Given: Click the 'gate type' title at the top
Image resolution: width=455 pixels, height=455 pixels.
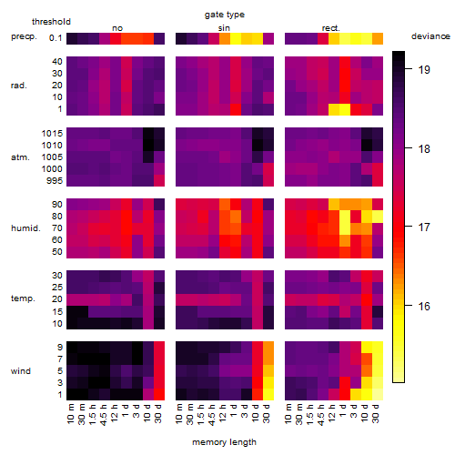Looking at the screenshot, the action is (x=225, y=15).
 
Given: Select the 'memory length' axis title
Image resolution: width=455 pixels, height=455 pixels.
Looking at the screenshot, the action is (x=224, y=442).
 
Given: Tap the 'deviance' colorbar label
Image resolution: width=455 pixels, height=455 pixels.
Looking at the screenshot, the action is (x=430, y=36).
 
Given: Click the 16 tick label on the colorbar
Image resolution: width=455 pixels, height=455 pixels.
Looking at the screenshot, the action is (x=424, y=306).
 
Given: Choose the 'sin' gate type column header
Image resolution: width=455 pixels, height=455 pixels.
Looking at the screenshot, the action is (x=224, y=28).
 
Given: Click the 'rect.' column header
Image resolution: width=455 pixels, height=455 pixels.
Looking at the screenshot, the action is (x=331, y=28).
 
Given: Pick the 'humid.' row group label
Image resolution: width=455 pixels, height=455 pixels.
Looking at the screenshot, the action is (x=25, y=228).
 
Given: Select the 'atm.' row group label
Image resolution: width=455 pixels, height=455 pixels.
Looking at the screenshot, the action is (x=20, y=157).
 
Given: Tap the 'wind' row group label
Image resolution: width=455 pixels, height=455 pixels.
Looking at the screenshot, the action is (x=21, y=371).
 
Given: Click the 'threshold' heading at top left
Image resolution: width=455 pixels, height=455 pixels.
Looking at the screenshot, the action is (x=51, y=22).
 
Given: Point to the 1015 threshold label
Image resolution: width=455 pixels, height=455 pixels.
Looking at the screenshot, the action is (x=52, y=134).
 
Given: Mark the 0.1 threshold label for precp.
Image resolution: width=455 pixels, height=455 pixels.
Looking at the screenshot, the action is (x=56, y=38).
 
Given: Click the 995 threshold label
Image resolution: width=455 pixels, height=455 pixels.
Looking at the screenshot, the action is (x=55, y=181).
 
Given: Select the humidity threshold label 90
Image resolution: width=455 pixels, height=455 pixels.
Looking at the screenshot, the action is (x=57, y=205).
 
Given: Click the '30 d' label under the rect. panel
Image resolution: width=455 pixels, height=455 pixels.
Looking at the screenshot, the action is (x=376, y=414).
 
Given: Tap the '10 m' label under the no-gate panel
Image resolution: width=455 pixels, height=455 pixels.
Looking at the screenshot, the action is (x=70, y=414).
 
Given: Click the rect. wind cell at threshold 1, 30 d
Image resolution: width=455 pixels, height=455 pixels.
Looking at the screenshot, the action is (x=378, y=394).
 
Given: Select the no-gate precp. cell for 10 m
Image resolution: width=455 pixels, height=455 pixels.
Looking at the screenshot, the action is (x=72, y=39).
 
